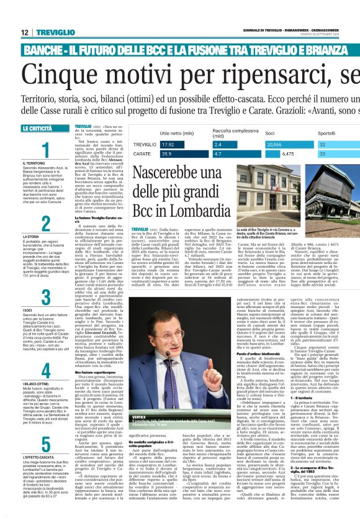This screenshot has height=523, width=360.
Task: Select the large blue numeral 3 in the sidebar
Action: click(x=45, y=296)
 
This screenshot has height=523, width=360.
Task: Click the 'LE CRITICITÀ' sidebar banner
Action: click(x=37, y=128)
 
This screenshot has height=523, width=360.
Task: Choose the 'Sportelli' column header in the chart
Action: click(x=327, y=133)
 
